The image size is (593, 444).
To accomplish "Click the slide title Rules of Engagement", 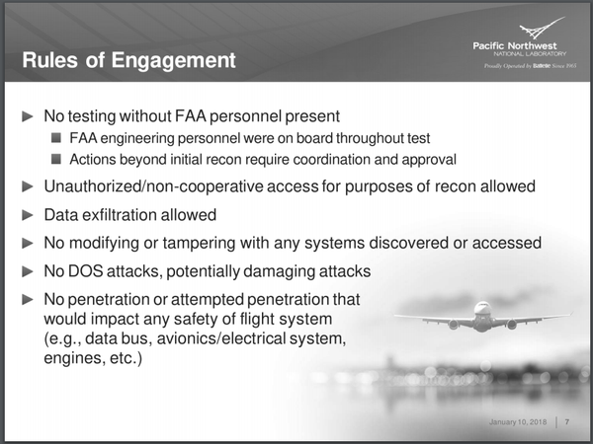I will point(129,61).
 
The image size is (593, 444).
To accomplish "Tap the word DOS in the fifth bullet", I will point(93,270).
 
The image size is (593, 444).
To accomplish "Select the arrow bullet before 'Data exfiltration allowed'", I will point(28,215).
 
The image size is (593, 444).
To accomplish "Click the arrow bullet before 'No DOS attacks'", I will point(28,270).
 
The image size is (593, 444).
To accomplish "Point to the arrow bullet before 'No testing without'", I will point(28,116).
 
